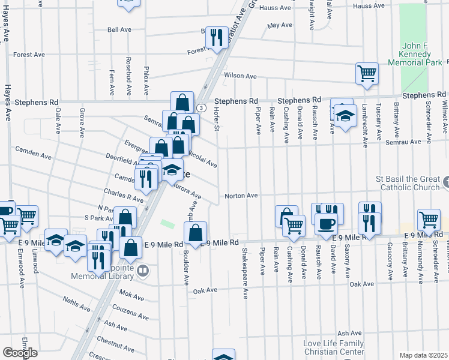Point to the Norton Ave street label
coord(241,196)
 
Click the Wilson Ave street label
coord(240,76)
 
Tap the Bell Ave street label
coord(119,29)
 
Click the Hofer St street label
coord(217,122)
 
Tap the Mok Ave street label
coord(131,296)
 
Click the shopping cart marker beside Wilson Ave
coord(367,73)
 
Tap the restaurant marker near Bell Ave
coord(216,37)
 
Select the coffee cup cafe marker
coord(327,223)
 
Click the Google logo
coord(20,353)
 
